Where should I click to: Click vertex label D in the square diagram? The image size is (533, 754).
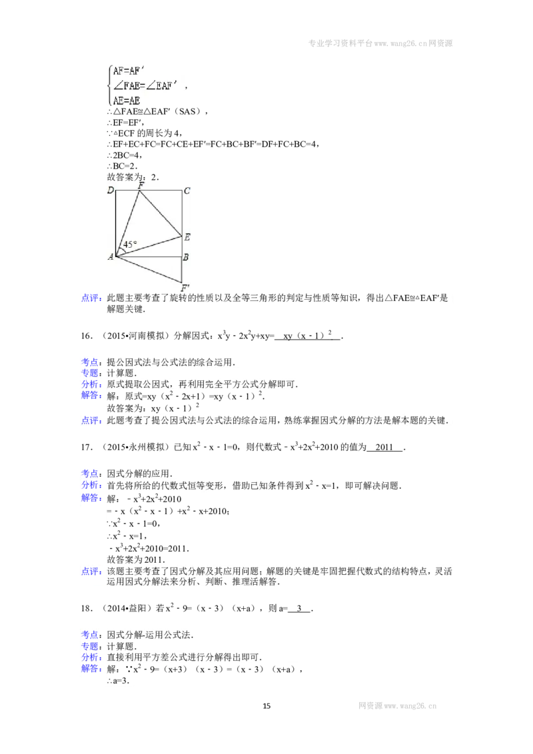click(110, 190)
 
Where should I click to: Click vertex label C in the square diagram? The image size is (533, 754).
click(187, 190)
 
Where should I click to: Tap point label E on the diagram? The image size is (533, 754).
click(187, 236)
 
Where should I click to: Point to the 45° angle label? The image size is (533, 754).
click(130, 244)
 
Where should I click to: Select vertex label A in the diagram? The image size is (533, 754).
click(111, 257)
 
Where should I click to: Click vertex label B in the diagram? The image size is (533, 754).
click(186, 257)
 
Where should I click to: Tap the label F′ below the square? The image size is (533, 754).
click(185, 288)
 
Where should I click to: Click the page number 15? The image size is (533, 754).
click(266, 706)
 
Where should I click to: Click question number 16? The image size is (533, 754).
click(87, 336)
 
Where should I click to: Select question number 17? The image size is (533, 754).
click(87, 447)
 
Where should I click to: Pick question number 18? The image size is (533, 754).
click(87, 608)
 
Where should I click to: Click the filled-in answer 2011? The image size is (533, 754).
click(384, 447)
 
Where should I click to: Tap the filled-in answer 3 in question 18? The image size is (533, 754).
click(298, 608)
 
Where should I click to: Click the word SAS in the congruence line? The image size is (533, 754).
click(187, 111)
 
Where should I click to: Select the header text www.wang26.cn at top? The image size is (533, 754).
click(400, 43)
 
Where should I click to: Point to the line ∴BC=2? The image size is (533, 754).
click(122, 166)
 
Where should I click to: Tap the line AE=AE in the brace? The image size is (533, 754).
click(127, 101)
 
